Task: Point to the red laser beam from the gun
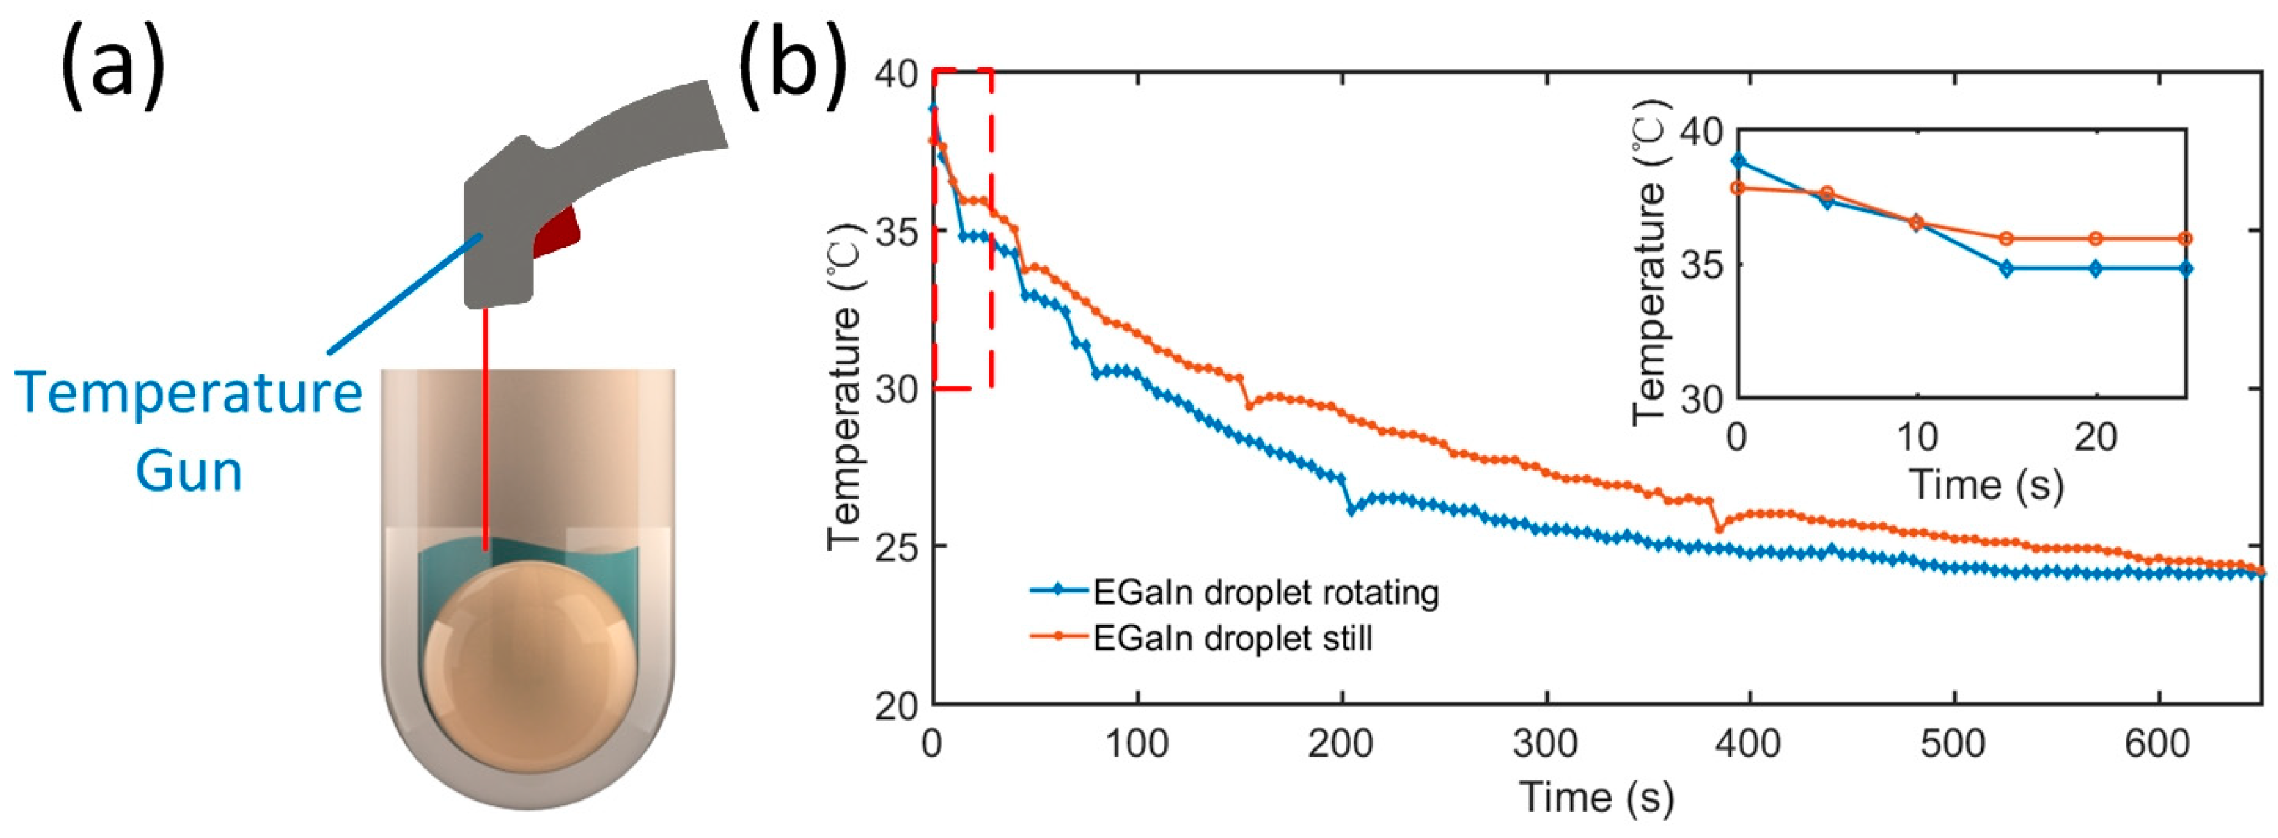point(485,424)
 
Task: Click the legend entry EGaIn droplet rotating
point(1264,592)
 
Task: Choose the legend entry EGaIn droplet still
point(1232,637)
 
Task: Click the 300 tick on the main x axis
point(1546,744)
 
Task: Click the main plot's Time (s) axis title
point(1596,796)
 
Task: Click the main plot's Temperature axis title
point(845,389)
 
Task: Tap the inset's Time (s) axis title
point(1986,485)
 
